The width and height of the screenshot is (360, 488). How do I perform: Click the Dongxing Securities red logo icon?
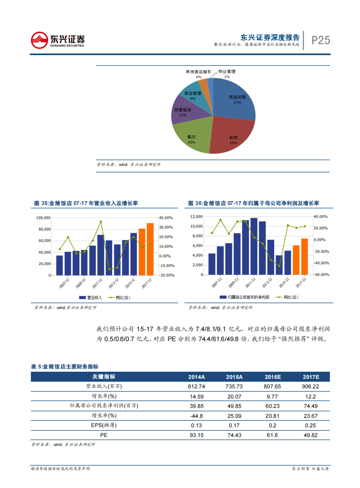[39, 40]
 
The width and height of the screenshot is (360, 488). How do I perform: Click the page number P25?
[321, 40]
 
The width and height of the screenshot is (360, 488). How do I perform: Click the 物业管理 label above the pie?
[227, 72]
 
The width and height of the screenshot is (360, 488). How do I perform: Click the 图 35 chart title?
[86, 203]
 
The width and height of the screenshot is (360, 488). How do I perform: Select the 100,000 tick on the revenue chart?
[43, 218]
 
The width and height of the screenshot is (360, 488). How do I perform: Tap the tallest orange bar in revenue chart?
[150, 249]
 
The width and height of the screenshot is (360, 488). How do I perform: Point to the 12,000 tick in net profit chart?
[196, 217]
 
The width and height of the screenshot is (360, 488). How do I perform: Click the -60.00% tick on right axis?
[321, 275]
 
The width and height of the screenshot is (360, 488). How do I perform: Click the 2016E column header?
[273, 377]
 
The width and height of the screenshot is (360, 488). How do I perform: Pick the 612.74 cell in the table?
[196, 386]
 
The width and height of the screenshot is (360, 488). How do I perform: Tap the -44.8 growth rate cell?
[196, 416]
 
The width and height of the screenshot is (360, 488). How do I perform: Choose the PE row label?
[104, 435]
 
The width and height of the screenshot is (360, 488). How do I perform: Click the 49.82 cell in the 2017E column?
[310, 435]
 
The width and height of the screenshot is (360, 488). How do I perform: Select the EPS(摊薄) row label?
[104, 425]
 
